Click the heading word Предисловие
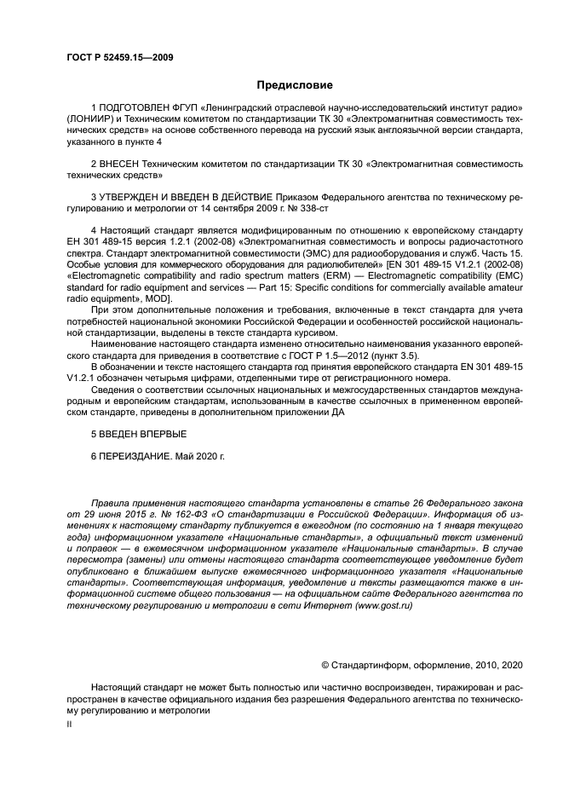point(295,84)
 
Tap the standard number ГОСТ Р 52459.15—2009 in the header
point(120,58)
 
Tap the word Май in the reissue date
point(185,456)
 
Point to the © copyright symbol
point(325,663)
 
